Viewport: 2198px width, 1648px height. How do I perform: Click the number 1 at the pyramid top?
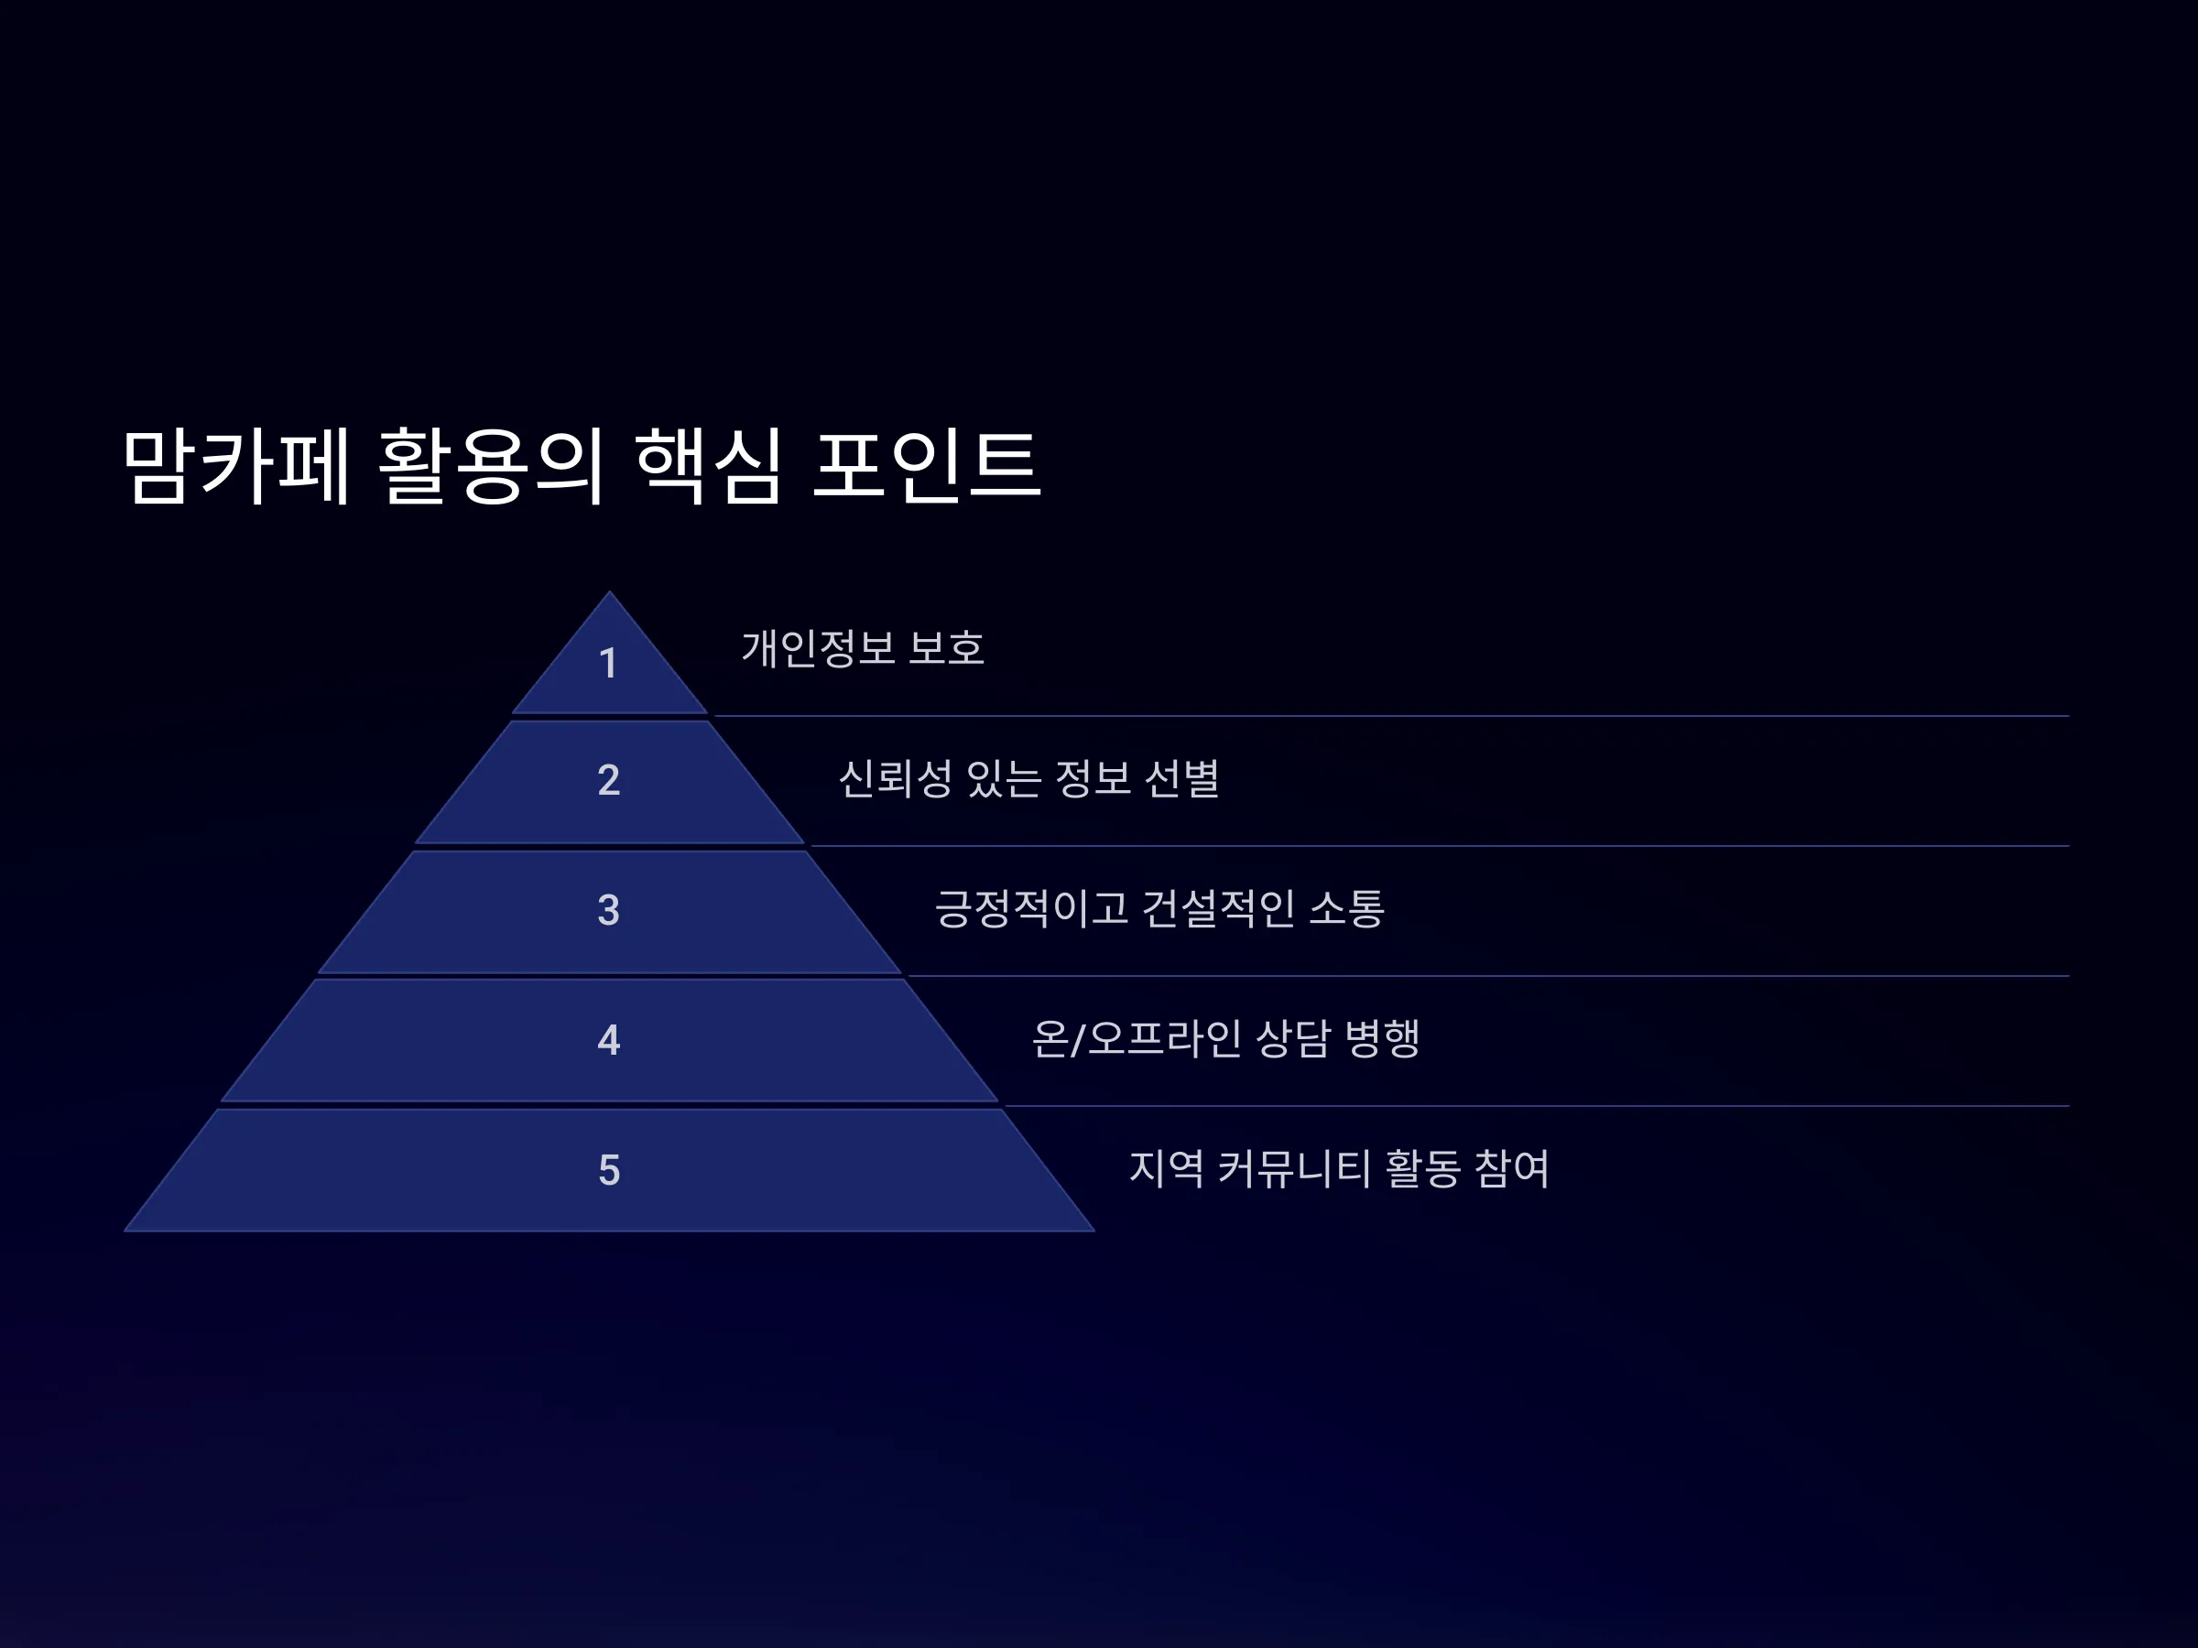click(608, 664)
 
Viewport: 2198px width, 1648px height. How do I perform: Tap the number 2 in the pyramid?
click(609, 780)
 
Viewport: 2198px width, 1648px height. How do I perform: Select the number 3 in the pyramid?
click(609, 910)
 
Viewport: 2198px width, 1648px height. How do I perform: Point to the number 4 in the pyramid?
click(609, 1040)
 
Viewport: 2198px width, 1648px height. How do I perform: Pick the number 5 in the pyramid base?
click(609, 1170)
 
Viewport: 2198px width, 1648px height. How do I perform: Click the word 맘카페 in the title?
click(236, 466)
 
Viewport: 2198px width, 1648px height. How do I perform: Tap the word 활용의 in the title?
click(492, 466)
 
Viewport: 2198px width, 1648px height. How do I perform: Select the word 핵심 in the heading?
click(709, 466)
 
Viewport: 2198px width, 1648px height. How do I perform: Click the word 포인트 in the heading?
click(926, 466)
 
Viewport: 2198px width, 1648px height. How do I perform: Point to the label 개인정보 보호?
click(864, 648)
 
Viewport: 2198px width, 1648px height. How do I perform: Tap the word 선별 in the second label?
click(1182, 779)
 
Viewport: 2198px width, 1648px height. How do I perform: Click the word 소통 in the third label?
click(1346, 908)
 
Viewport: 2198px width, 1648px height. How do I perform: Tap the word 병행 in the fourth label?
click(1382, 1039)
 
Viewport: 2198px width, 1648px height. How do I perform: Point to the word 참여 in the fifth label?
click(1512, 1168)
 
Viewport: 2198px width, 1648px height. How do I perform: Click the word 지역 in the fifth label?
click(1167, 1168)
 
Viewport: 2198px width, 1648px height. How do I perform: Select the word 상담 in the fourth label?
click(1294, 1039)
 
